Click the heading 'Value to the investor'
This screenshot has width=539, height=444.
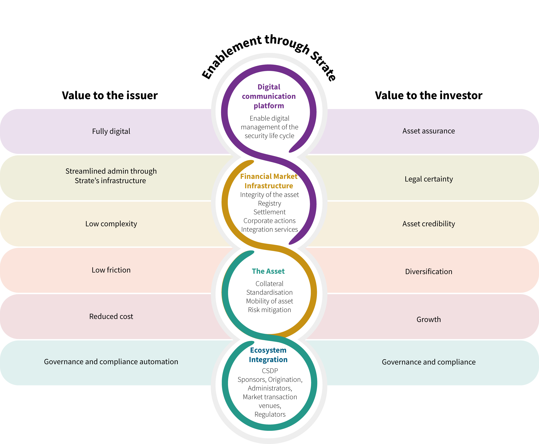(x=429, y=95)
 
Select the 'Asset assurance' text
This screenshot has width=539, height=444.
(x=429, y=131)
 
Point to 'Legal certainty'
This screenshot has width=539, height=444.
(x=429, y=179)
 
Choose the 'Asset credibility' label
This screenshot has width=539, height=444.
(x=429, y=224)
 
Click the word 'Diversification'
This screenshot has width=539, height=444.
(x=429, y=272)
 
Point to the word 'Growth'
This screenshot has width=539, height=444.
(x=429, y=319)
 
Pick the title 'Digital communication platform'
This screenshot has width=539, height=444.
(x=269, y=96)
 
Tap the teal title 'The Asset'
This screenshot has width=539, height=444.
(x=268, y=271)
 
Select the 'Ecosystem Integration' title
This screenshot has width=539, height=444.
(x=268, y=355)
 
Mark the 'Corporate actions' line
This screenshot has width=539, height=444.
(x=270, y=221)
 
